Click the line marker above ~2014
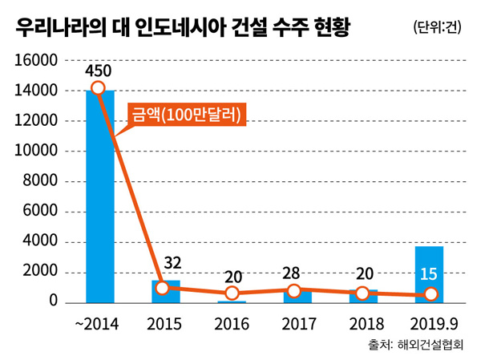98,87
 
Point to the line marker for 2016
232,293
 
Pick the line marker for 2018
363,293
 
